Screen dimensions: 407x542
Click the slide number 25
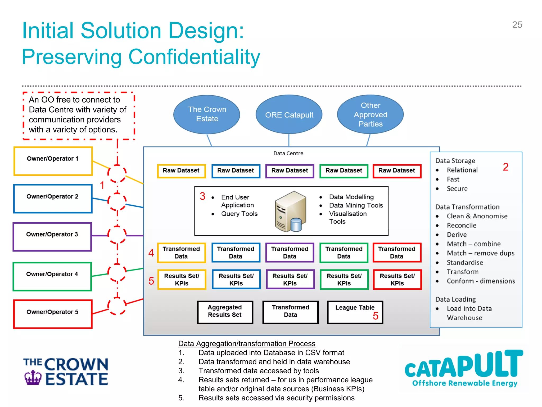tap(517, 25)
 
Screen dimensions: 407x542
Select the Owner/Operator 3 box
tap(52, 237)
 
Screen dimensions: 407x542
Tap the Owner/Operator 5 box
tap(53, 314)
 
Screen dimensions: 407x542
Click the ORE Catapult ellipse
tap(289, 115)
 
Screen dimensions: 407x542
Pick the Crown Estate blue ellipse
tap(207, 114)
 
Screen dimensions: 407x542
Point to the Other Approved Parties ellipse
tap(370, 114)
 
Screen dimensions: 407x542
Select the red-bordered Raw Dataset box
tap(397, 171)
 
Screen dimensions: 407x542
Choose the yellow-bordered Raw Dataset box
tap(181, 171)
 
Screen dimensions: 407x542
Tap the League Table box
tap(355, 312)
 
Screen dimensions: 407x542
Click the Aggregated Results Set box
tap(225, 312)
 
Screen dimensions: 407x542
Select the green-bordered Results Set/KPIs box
tap(344, 280)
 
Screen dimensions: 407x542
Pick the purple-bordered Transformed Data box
tap(290, 253)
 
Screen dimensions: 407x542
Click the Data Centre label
tap(288, 153)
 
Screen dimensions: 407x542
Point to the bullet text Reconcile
tap(461, 225)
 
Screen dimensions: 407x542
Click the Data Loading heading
tap(455, 299)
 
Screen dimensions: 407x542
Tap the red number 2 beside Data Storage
tap(505, 167)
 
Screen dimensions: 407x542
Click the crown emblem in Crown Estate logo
tap(33, 377)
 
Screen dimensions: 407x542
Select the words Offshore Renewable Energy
tap(464, 383)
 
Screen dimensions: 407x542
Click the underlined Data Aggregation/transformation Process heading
tap(247, 344)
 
